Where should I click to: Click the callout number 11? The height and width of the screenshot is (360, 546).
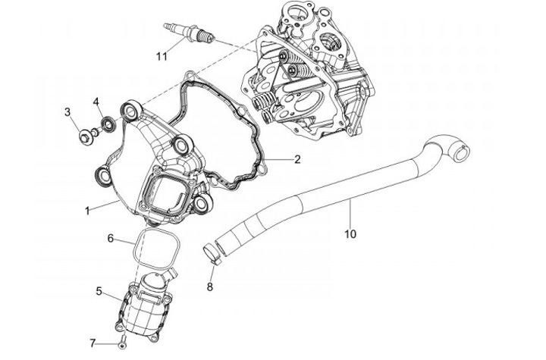click(x=161, y=56)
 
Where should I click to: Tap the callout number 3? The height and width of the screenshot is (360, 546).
click(x=67, y=113)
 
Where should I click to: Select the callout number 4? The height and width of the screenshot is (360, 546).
click(x=96, y=102)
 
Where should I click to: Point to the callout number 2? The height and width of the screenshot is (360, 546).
click(x=297, y=160)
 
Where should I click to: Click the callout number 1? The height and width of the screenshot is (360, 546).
click(x=87, y=210)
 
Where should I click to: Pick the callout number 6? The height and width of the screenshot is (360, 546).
click(x=111, y=238)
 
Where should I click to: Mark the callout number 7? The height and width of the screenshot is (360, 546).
click(x=93, y=343)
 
